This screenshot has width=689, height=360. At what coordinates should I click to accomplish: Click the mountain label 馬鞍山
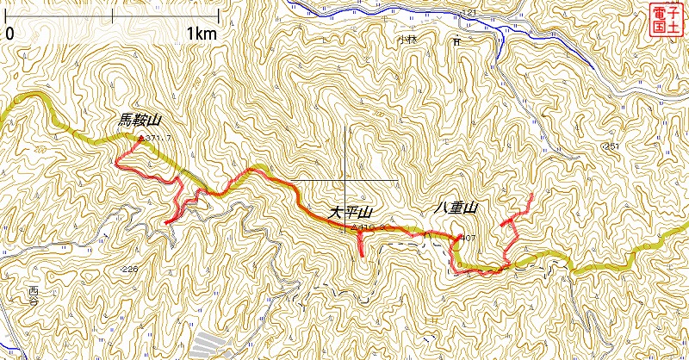(140, 123)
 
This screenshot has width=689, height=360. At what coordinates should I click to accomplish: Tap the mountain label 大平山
(350, 212)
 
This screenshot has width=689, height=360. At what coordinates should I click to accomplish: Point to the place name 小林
(407, 40)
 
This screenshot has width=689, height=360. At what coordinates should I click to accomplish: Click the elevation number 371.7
(159, 138)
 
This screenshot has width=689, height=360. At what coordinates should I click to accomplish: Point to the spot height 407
(469, 238)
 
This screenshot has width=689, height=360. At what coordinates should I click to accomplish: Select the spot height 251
(612, 147)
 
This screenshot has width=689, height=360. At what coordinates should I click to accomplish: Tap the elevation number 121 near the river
(469, 12)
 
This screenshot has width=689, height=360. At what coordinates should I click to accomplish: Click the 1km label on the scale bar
(201, 34)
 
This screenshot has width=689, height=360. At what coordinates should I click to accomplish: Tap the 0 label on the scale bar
(9, 34)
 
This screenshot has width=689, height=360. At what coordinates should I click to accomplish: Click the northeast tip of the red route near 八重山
(531, 196)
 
